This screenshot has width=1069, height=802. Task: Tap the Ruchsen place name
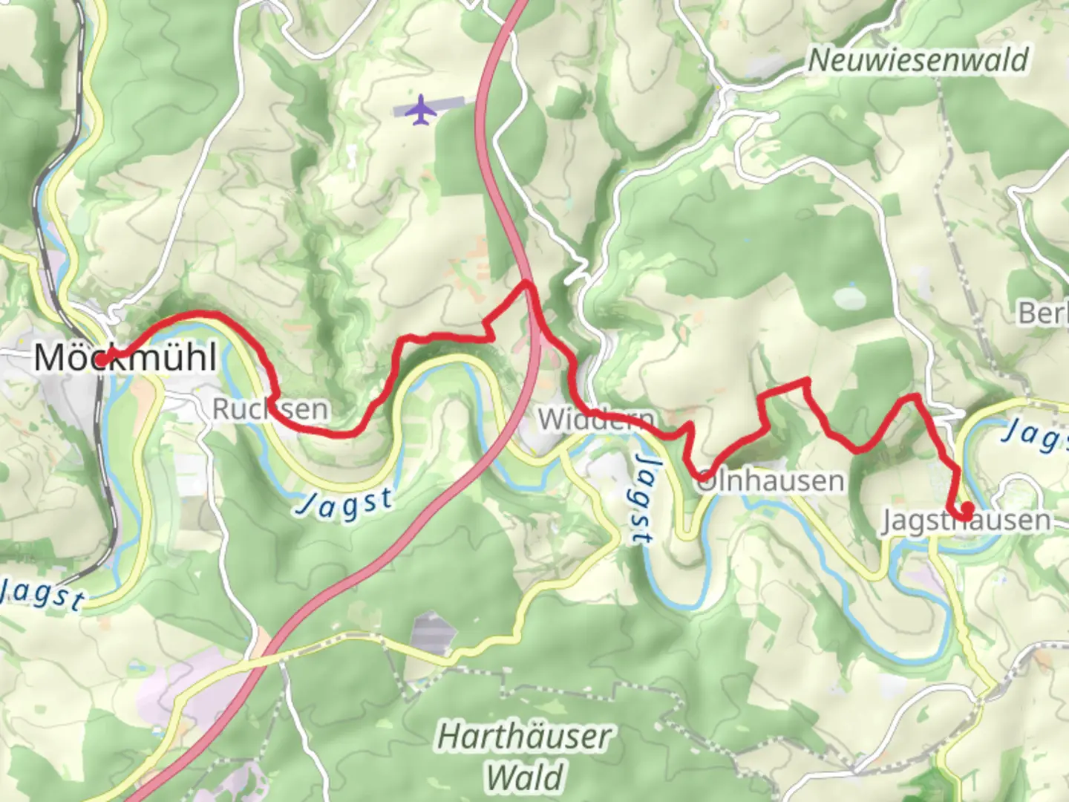[270, 409]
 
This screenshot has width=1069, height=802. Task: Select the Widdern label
[596, 420]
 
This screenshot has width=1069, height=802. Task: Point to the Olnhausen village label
[770, 481]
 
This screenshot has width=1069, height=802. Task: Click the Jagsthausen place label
[966, 521]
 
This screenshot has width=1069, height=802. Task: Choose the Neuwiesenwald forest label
[918, 60]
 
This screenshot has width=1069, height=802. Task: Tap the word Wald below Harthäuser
[524, 777]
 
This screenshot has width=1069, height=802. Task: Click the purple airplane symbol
[422, 109]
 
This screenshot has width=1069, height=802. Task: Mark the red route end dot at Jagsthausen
[967, 509]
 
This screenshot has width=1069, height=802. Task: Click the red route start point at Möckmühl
[101, 359]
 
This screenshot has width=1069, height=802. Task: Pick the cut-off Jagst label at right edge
[1035, 435]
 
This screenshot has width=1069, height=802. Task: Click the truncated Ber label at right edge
[1042, 313]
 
